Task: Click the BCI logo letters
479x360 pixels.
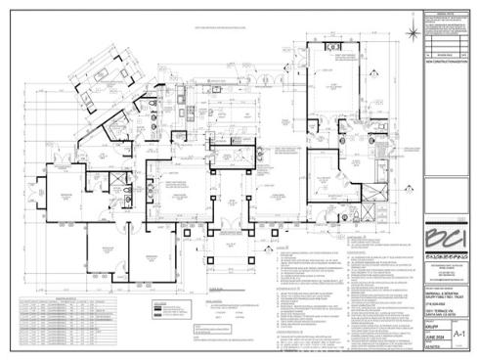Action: click(x=445, y=237)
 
